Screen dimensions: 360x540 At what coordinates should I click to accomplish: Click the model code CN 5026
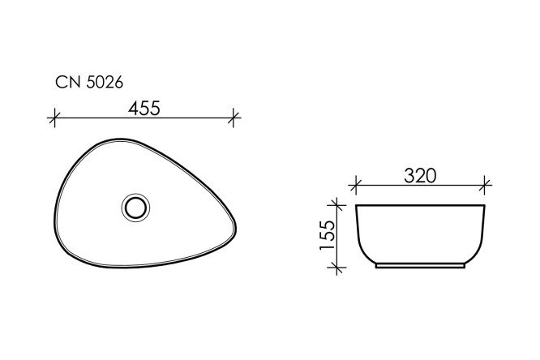coord(89,81)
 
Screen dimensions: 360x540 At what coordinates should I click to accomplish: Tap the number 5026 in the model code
coord(102,81)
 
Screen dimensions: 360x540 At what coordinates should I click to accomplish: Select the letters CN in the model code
coord(66,81)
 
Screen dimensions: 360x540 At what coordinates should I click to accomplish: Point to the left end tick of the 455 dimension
coord(54,118)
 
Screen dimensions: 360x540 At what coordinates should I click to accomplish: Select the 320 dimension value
coord(420,174)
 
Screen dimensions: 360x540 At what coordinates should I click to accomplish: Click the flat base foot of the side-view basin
coord(420,265)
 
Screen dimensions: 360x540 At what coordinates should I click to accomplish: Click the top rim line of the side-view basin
coord(420,205)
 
